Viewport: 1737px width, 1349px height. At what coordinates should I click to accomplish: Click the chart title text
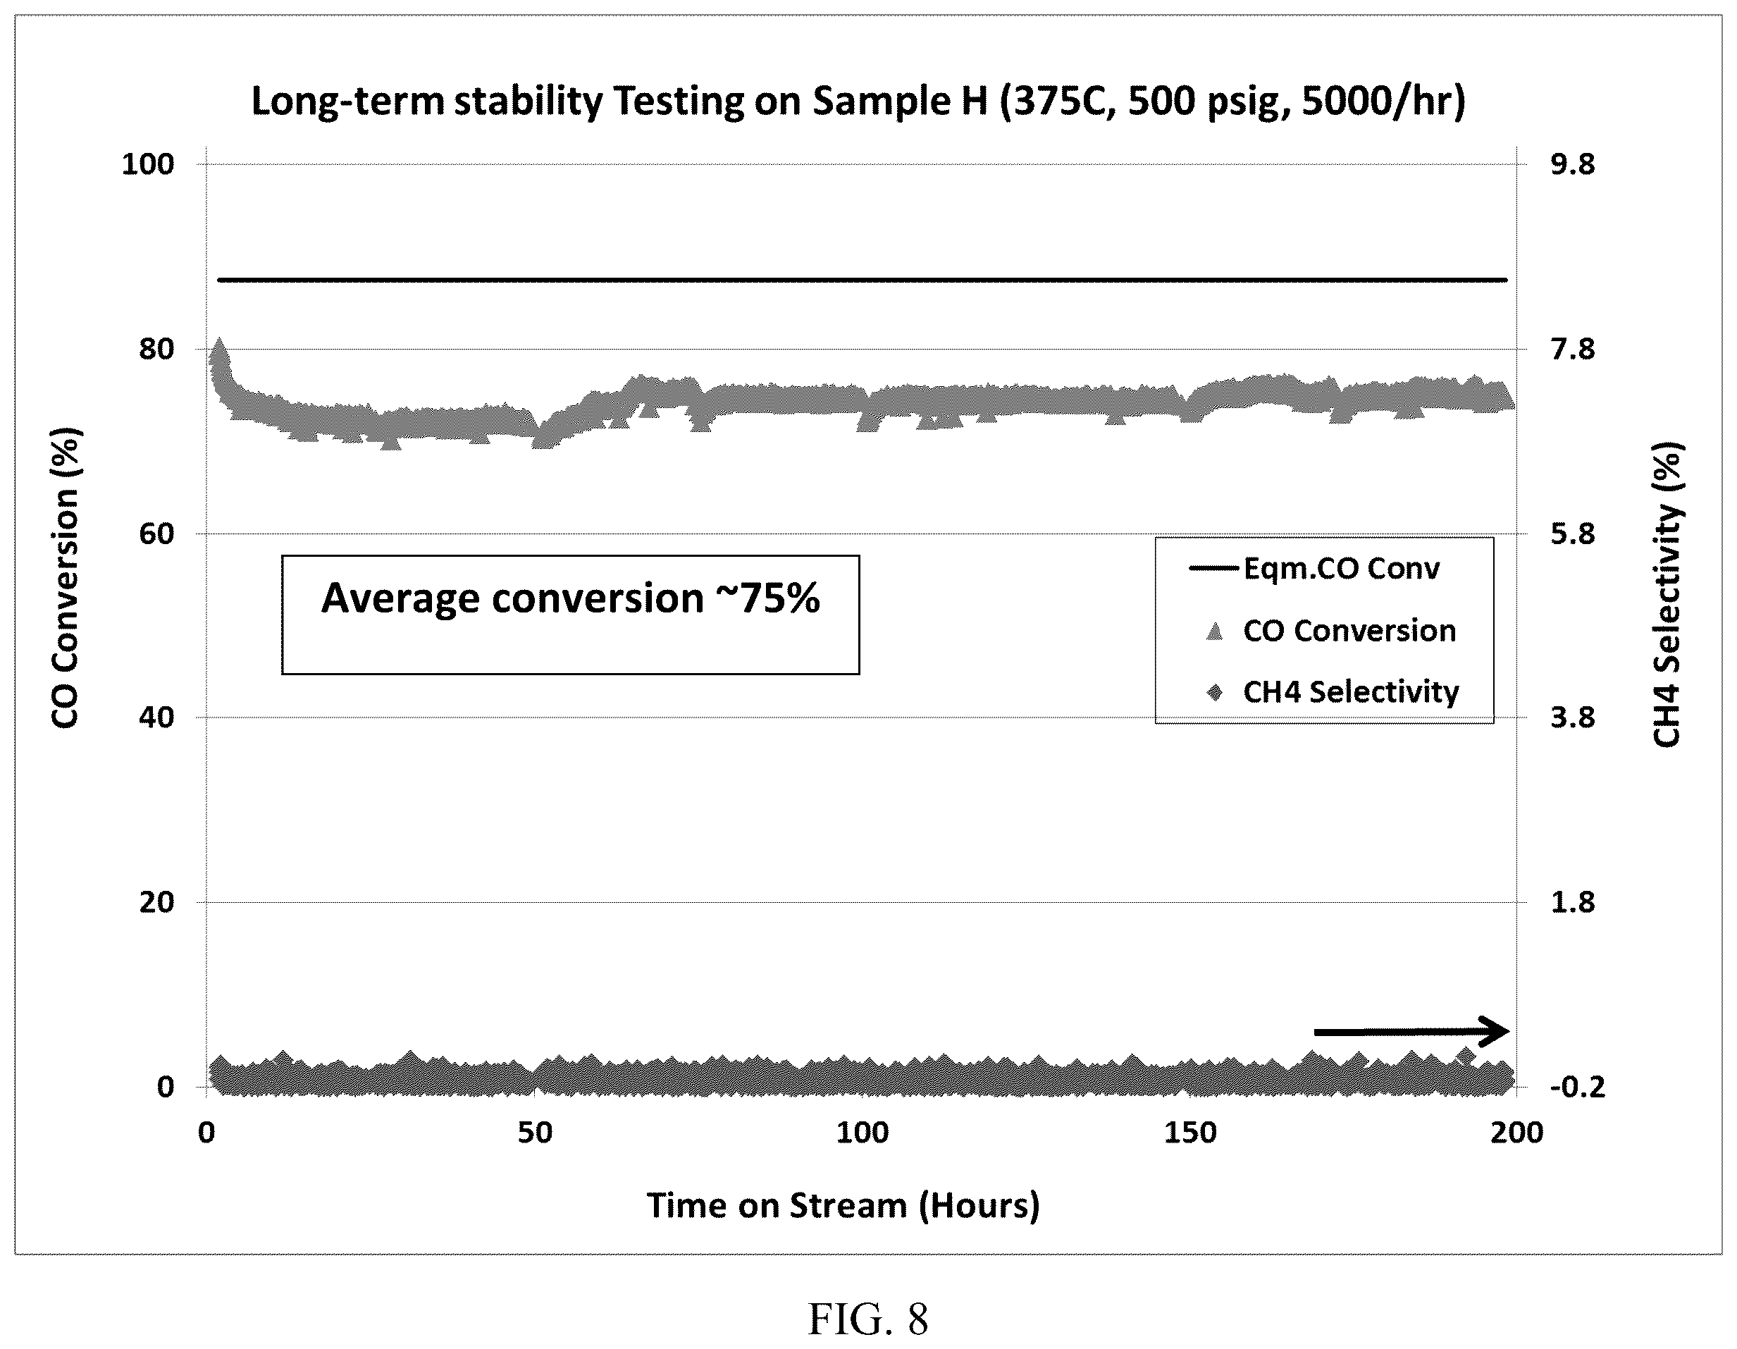pos(858,101)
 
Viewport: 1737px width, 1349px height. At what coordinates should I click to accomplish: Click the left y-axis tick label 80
pos(156,348)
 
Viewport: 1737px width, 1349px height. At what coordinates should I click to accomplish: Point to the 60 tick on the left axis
pos(156,533)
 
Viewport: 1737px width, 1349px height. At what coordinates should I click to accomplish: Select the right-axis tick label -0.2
pos(1573,1087)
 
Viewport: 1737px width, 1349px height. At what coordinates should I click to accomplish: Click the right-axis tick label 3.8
pos(1573,717)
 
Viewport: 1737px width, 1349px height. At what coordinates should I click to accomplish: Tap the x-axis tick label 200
pos(1516,1133)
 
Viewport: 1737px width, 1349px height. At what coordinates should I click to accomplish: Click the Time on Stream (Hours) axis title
pos(843,1206)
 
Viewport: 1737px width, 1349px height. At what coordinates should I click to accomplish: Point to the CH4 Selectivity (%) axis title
pos(1667,595)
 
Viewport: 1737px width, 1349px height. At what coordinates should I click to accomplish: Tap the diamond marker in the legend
pos(1213,692)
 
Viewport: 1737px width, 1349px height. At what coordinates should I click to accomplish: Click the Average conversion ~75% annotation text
pos(570,598)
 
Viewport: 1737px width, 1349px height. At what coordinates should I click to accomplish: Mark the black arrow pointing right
pos(1411,1032)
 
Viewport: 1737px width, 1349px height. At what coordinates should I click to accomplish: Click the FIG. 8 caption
pos(867,1319)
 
